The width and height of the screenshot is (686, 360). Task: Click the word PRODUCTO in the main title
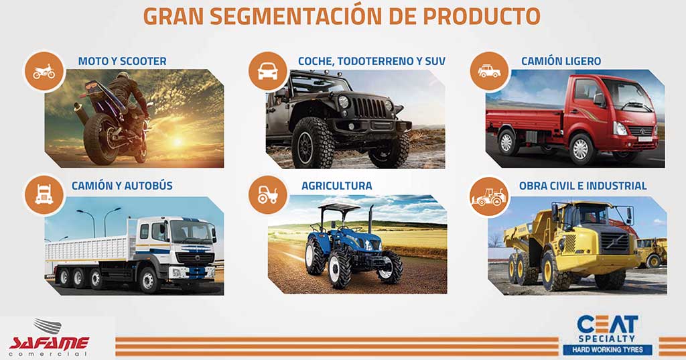pos(481,16)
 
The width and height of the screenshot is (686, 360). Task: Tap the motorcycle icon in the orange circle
pos(44,72)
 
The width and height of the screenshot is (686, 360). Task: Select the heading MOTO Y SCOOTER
pos(122,61)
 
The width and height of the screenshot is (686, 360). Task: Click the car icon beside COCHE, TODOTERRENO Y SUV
pos(268,71)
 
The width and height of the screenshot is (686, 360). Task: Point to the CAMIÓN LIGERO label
pos(561,61)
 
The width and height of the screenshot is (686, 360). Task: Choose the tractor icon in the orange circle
pos(268,195)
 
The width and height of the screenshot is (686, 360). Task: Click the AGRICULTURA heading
pos(337,186)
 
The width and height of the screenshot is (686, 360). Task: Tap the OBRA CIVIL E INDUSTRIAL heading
pos(583,186)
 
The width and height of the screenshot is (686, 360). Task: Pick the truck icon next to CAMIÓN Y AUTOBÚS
pos(44,194)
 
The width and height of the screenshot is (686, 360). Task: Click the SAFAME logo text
pos(49,343)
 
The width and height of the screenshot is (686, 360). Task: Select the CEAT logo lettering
pos(608,324)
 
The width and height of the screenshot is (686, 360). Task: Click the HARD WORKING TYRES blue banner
pos(608,349)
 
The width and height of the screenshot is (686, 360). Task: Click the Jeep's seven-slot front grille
pos(369,107)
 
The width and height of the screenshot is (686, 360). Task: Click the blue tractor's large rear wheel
pos(316,256)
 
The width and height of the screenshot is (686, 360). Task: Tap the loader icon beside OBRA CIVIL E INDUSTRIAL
pos(489,196)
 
